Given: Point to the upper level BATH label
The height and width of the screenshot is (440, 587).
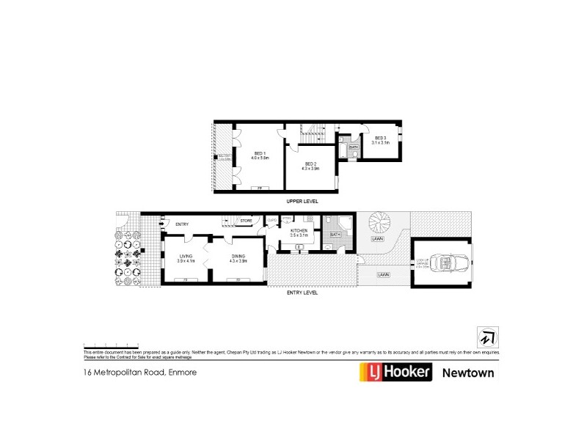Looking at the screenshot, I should [x=353, y=147].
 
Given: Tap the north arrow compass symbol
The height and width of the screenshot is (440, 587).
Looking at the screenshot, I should [x=486, y=335].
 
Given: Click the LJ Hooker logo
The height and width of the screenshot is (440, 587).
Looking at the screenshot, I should [x=395, y=373].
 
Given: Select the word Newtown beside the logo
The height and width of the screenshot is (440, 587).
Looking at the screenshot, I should [x=468, y=373].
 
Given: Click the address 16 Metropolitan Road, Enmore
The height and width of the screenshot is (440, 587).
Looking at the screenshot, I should [x=139, y=373].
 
